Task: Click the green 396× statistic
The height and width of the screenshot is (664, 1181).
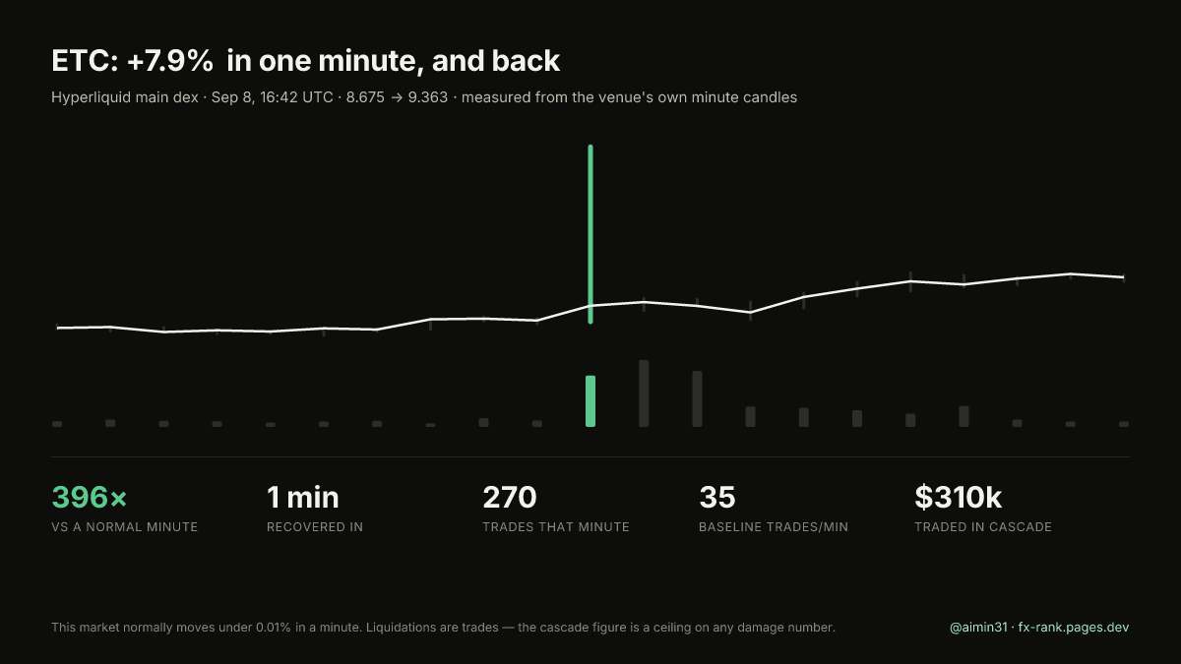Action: coord(90,497)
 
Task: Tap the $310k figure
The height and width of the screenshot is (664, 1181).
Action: coord(958,497)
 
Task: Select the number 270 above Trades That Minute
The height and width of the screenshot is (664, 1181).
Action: coord(510,497)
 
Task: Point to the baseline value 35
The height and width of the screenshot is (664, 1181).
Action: coord(717,497)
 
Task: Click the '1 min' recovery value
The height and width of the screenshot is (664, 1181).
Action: coord(303,497)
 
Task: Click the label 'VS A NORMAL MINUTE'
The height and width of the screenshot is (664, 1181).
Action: coord(124,527)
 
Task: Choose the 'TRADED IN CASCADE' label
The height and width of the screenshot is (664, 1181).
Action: coord(983,527)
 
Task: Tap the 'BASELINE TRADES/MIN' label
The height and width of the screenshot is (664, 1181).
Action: coord(774,527)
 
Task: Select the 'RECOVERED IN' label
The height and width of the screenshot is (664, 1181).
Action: coord(315,527)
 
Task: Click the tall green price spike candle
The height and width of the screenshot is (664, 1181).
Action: coord(590,234)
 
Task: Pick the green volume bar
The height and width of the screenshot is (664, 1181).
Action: coord(590,401)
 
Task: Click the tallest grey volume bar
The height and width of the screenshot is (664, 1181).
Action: coord(644,393)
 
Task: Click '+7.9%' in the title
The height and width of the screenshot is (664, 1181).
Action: coord(169,61)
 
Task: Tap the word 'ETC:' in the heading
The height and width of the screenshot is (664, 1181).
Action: coord(85,61)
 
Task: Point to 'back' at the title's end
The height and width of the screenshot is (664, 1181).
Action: coord(526,61)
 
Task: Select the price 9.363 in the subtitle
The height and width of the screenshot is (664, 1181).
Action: coord(427,97)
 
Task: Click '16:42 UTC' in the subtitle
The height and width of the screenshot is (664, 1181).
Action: coord(296,97)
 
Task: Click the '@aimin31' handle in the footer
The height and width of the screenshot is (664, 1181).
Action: coord(978,628)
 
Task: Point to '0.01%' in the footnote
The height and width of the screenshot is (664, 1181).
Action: coord(274,628)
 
